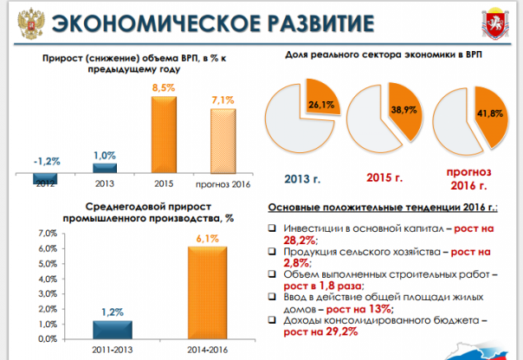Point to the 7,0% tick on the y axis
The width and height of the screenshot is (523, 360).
45,235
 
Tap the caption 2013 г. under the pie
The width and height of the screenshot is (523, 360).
302,179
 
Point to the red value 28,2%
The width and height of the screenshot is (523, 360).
301,240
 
